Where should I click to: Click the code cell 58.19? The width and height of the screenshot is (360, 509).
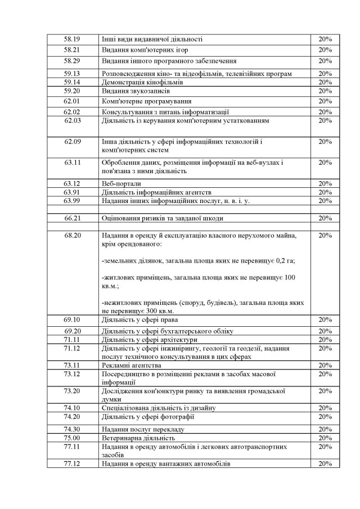[72, 39]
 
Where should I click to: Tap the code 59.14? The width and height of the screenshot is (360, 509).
[72, 82]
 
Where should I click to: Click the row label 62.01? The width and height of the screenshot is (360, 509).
[72, 101]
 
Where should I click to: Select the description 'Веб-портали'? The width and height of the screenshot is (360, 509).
[121, 183]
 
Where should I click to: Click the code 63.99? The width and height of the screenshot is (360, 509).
[72, 200]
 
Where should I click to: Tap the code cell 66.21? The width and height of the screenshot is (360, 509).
[73, 218]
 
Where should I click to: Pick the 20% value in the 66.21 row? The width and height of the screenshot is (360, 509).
[325, 218]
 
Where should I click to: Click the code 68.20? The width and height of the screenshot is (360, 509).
[73, 235]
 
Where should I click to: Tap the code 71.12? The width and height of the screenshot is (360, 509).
[72, 349]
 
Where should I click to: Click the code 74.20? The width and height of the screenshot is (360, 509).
[72, 417]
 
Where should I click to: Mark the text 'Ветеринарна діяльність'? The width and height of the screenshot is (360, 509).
[139, 438]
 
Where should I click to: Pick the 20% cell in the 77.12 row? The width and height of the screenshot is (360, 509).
[325, 464]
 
